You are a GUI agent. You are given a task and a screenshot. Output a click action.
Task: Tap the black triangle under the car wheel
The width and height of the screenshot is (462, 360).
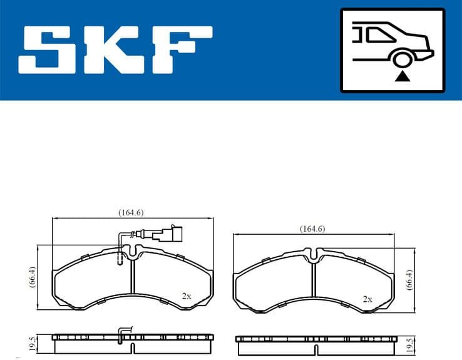pos(402,76)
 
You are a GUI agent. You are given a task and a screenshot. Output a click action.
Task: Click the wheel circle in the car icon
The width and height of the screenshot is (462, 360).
pos(401,59)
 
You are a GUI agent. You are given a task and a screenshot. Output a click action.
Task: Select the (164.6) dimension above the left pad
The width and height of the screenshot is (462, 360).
pos(131,212)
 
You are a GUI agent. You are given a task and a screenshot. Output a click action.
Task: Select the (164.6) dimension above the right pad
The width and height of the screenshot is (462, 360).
pos(312,229)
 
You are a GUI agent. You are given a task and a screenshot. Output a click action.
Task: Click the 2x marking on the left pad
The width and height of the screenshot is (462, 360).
pos(186,296)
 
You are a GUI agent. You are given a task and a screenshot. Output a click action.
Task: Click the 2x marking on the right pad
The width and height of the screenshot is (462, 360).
pos(367,299)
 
